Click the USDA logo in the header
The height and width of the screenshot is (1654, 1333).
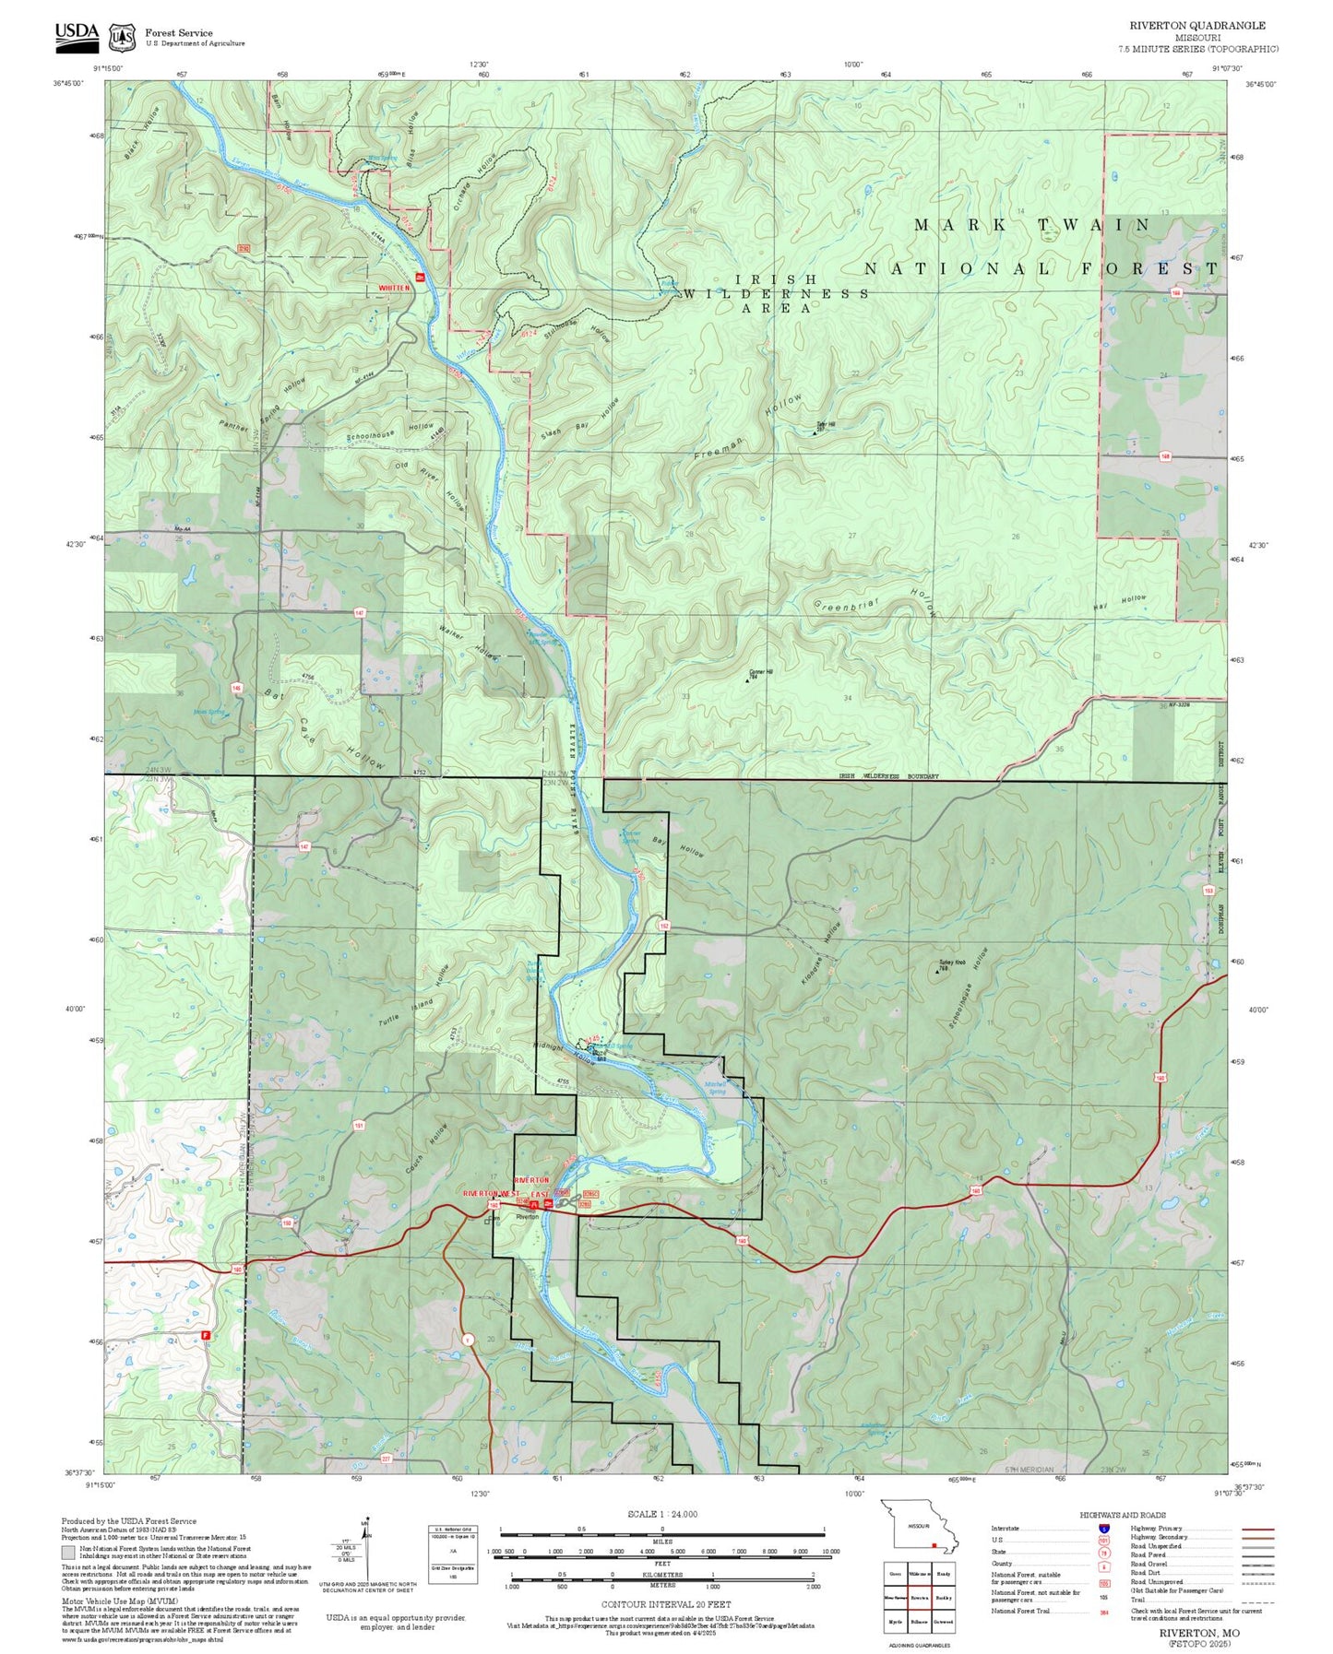tap(77, 34)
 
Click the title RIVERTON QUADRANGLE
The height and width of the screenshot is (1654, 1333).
tap(1196, 26)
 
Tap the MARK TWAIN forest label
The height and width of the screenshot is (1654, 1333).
tap(1031, 225)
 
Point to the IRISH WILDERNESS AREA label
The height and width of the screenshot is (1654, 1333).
tap(776, 293)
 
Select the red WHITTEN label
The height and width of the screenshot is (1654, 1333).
tap(394, 289)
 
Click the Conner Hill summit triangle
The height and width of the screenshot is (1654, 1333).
tap(747, 680)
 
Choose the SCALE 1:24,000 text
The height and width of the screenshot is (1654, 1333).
tap(661, 1514)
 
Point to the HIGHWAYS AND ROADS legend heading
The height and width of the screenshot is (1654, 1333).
tap(1122, 1515)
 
